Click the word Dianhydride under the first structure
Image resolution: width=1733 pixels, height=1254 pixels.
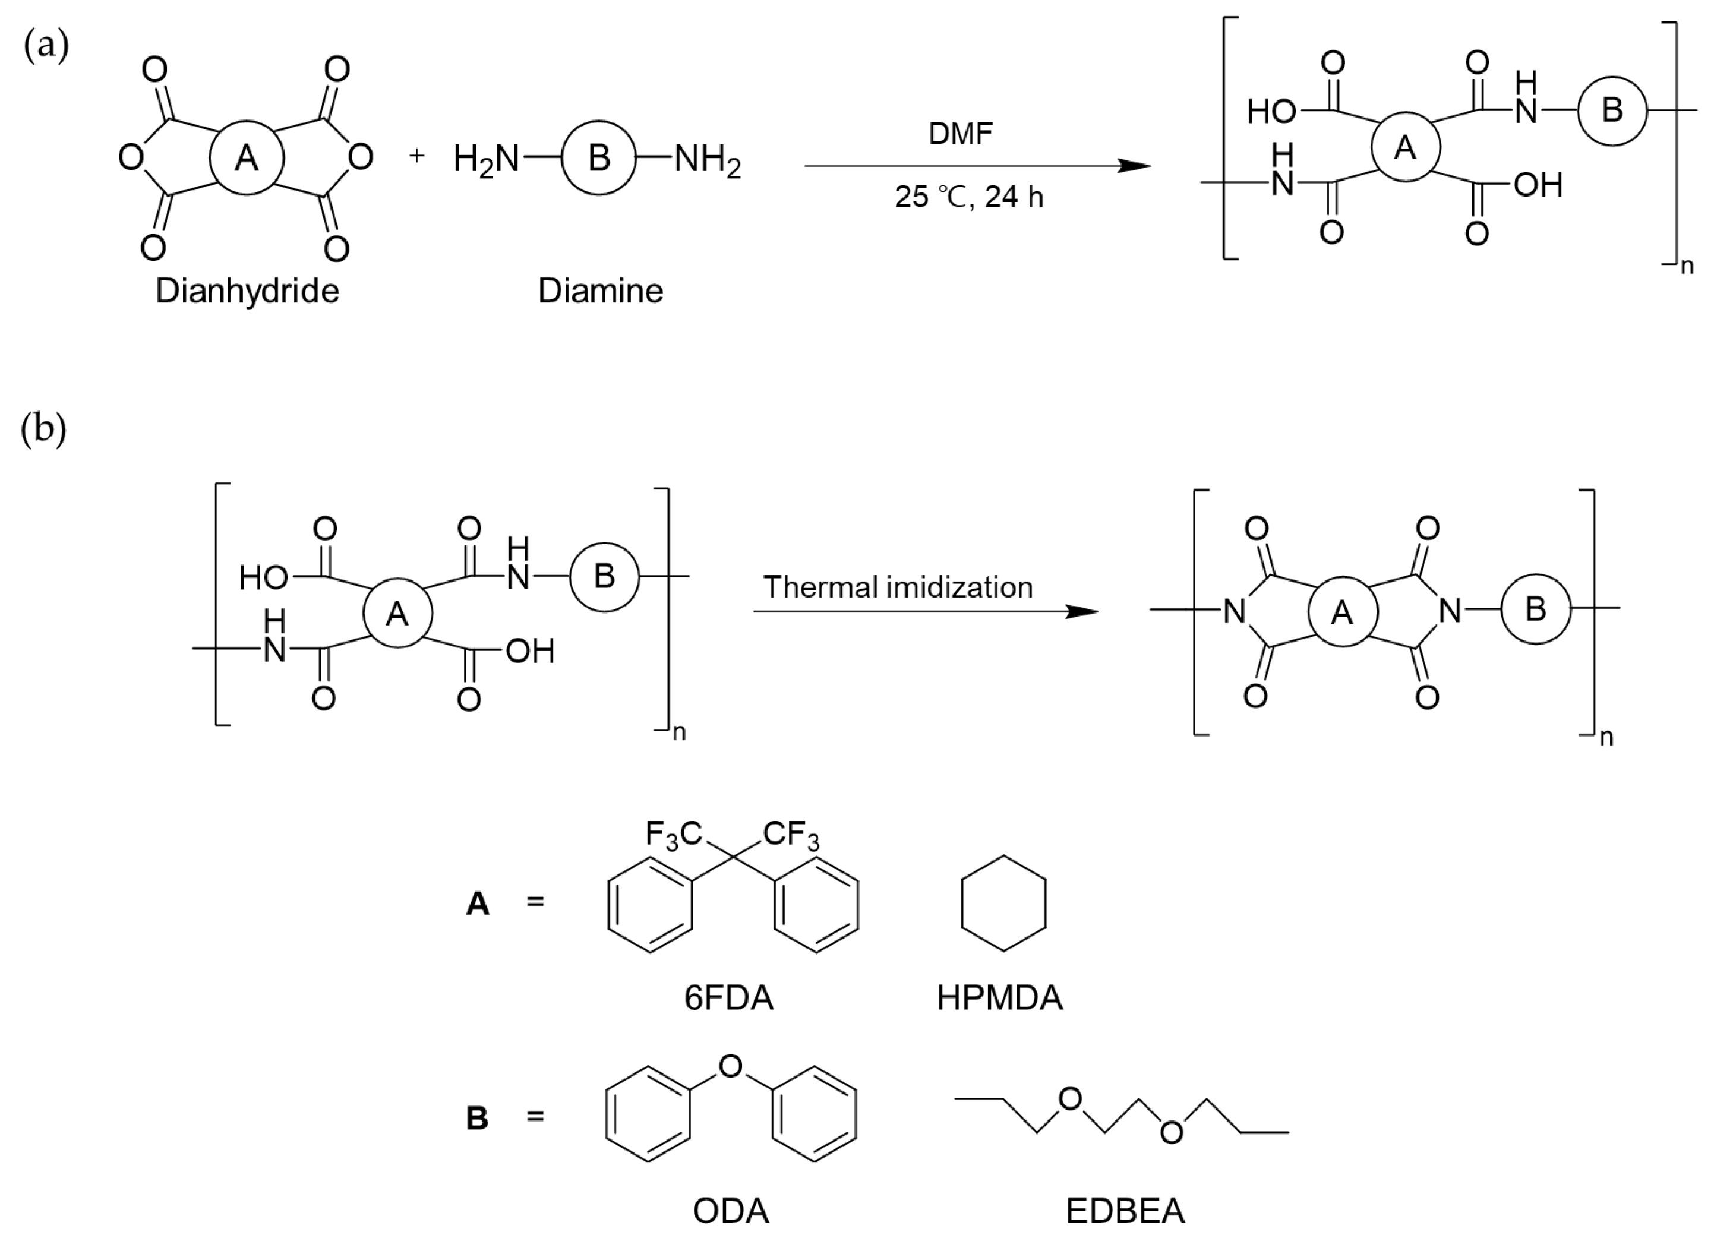[247, 291]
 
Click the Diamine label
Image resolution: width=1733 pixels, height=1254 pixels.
[600, 291]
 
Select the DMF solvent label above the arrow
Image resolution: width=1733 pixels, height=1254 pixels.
[961, 134]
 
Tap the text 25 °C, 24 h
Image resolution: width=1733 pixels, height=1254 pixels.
[969, 197]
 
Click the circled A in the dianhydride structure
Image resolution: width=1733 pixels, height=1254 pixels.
[246, 158]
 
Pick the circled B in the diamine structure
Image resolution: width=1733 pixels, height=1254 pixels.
[598, 158]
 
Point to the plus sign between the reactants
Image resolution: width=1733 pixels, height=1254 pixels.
[416, 156]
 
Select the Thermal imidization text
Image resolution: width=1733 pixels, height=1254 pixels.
[898, 587]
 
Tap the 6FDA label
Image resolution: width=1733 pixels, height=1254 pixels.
[728, 998]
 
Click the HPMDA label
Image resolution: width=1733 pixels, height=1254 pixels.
[999, 998]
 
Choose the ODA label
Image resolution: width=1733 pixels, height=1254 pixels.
[731, 1211]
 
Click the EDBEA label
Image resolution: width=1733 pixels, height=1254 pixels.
[1125, 1211]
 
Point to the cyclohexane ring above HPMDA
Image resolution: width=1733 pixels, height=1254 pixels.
[1003, 904]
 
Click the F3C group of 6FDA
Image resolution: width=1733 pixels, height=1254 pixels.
[673, 835]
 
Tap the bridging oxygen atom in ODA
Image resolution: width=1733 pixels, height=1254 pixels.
[731, 1065]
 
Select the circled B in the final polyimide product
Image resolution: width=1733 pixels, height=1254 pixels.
[1535, 609]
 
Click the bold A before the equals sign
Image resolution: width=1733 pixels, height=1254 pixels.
[478, 904]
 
